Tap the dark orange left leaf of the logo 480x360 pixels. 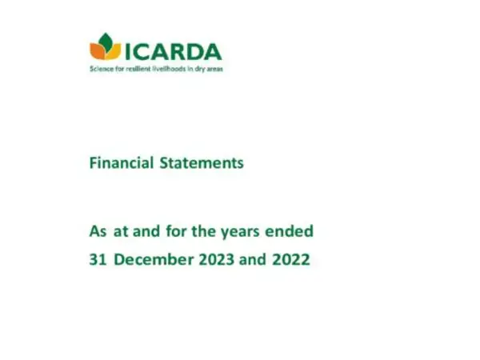pos(98,52)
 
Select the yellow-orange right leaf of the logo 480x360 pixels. pos(113,52)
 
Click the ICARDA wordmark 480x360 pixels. pos(172,51)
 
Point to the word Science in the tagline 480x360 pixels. pos(99,70)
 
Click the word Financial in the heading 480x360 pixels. pos(118,163)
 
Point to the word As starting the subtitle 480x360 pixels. pos(98,233)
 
